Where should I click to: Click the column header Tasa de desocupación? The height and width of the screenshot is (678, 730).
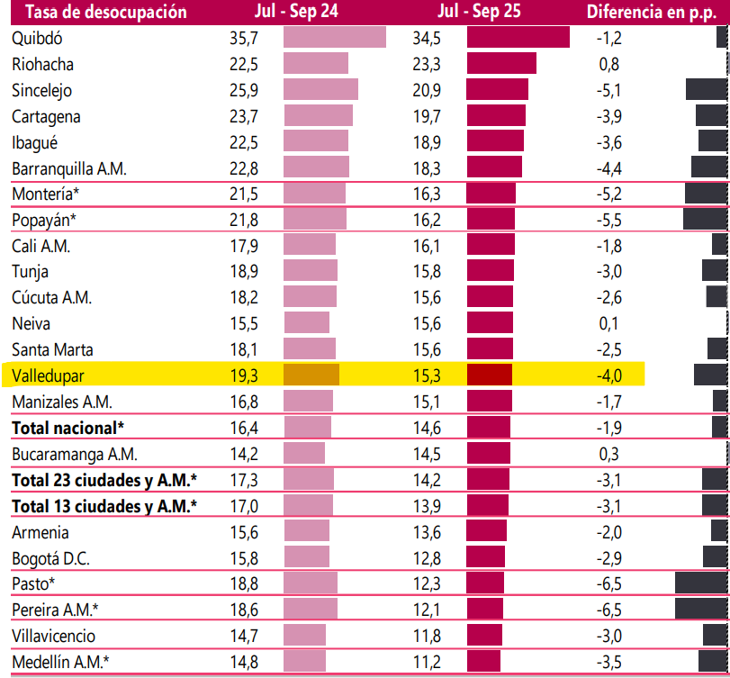pyautogui.click(x=99, y=12)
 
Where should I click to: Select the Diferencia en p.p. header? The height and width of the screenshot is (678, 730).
pyautogui.click(x=651, y=12)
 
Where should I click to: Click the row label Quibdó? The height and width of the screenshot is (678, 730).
pyautogui.click(x=38, y=39)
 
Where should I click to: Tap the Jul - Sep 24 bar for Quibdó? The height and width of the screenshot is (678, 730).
pyautogui.click(x=334, y=38)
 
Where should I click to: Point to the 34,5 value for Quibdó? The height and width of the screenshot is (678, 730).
pyautogui.click(x=427, y=39)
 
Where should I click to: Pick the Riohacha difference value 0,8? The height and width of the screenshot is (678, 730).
pyautogui.click(x=608, y=65)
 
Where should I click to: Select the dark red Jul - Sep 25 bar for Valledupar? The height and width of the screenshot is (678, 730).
pyautogui.click(x=489, y=375)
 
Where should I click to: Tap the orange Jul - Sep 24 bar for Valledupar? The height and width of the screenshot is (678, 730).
pyautogui.click(x=311, y=375)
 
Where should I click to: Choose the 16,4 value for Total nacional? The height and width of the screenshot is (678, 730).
pyautogui.click(x=244, y=427)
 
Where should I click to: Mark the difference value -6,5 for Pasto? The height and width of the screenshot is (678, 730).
pyautogui.click(x=608, y=583)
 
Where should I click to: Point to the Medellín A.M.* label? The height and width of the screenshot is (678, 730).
pyautogui.click(x=61, y=662)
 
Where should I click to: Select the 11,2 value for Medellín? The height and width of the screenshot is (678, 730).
pyautogui.click(x=427, y=662)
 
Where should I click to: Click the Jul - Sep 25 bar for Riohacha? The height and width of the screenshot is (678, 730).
pyautogui.click(x=501, y=64)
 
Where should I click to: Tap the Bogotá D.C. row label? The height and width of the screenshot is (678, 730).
pyautogui.click(x=51, y=557)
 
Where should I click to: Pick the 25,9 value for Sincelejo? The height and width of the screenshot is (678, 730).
pyautogui.click(x=244, y=91)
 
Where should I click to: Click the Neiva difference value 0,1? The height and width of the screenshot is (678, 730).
pyautogui.click(x=608, y=323)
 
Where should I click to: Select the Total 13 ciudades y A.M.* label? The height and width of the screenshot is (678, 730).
pyautogui.click(x=104, y=506)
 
